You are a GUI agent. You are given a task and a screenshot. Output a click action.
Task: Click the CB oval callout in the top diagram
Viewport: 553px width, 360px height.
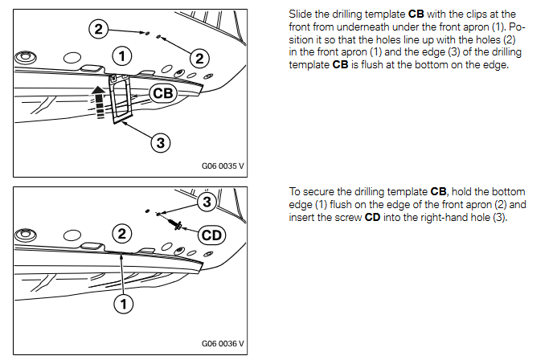pyautogui.click(x=162, y=93)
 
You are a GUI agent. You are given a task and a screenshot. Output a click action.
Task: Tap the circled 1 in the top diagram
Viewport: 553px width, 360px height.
pyautogui.click(x=121, y=55)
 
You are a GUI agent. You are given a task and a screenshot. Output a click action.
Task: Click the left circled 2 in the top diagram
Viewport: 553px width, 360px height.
pyautogui.click(x=98, y=29)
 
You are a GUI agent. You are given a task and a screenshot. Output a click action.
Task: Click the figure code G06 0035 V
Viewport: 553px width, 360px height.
pyautogui.click(x=223, y=168)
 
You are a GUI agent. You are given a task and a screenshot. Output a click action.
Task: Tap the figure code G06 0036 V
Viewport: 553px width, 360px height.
pyautogui.click(x=223, y=343)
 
